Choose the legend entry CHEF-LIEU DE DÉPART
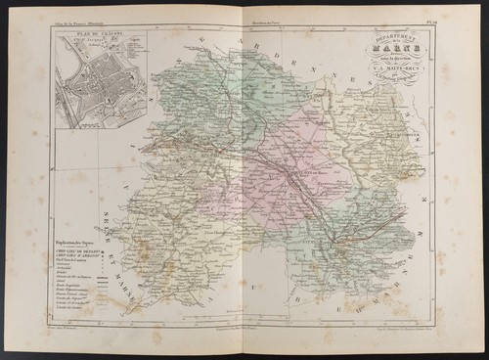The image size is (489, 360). click(82, 247)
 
